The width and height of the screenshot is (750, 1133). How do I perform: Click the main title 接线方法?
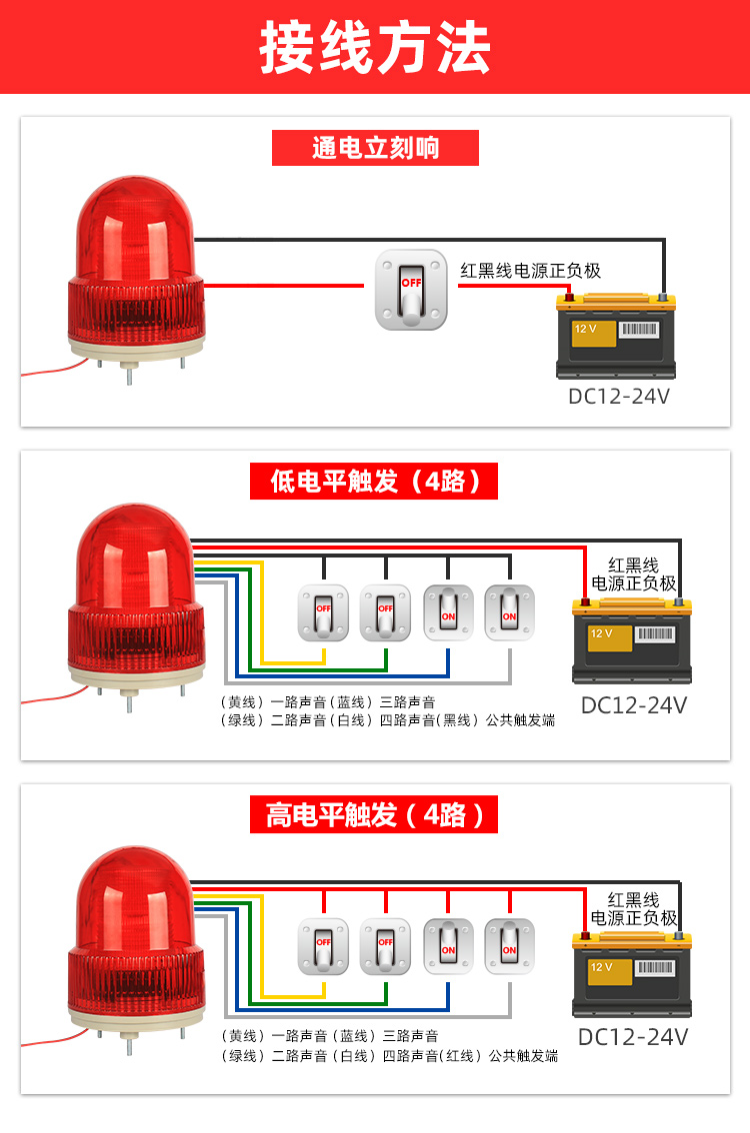click(x=375, y=47)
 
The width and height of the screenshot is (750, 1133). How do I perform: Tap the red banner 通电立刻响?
click(x=375, y=148)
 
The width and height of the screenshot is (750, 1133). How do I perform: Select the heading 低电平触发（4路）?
click(x=374, y=482)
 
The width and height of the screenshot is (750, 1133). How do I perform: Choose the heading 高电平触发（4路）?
click(x=374, y=815)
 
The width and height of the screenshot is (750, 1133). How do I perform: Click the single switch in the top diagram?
click(x=411, y=289)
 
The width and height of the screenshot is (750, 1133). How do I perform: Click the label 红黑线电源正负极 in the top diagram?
click(x=530, y=270)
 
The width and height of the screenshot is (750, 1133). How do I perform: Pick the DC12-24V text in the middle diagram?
click(x=634, y=704)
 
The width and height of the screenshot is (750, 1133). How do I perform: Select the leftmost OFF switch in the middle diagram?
click(x=324, y=611)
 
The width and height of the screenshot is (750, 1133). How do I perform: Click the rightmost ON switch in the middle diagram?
click(x=509, y=611)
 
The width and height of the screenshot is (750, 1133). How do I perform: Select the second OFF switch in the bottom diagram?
click(x=385, y=945)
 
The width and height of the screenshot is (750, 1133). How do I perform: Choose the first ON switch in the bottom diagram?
click(x=447, y=945)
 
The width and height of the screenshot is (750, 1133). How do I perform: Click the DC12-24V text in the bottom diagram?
click(x=634, y=1036)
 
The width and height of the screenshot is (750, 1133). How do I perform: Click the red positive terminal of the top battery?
click(x=571, y=297)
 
